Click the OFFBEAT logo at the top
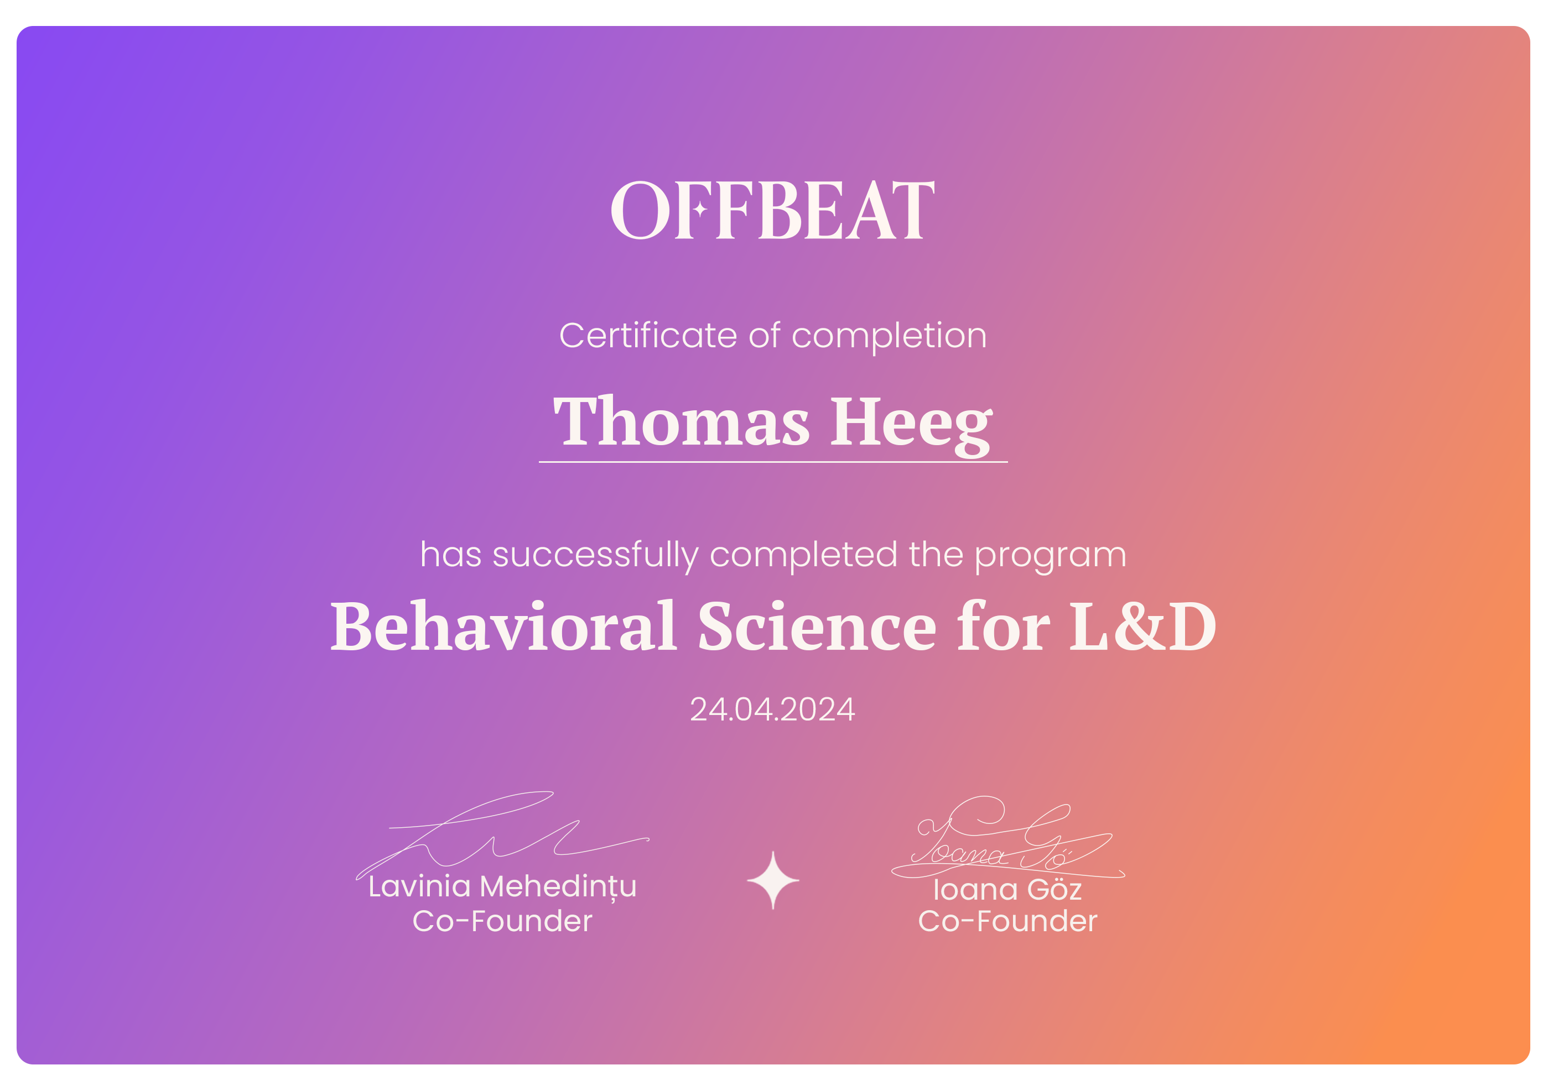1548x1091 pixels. click(773, 210)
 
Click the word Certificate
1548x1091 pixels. click(648, 336)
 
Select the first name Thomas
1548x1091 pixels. click(681, 422)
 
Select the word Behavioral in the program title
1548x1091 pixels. click(503, 627)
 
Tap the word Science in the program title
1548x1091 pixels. click(817, 627)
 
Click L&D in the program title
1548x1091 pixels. click(1143, 627)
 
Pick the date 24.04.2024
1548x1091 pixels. click(773, 709)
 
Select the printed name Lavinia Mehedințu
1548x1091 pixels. click(502, 887)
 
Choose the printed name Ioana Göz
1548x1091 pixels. click(1007, 890)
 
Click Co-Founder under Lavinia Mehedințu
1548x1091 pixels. click(502, 922)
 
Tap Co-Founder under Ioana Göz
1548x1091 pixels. click(1007, 922)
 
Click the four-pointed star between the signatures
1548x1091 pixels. click(773, 881)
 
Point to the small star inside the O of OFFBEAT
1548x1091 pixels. click(700, 210)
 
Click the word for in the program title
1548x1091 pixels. click(1003, 627)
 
